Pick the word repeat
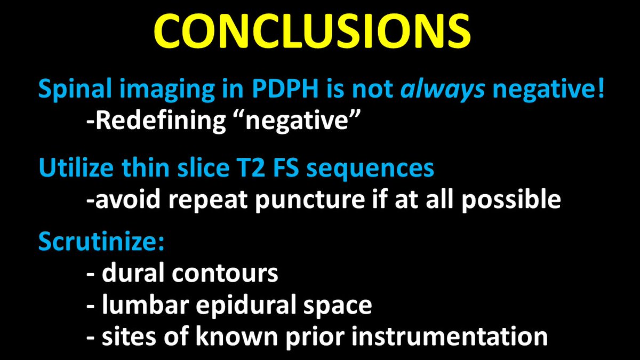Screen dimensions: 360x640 (228, 202)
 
